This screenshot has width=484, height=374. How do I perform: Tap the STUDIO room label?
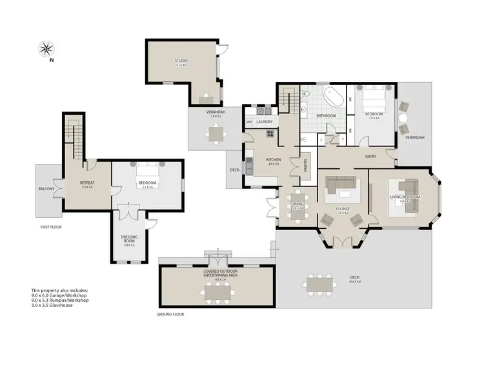coord(181,62)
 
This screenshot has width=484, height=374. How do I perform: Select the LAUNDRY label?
coord(265,121)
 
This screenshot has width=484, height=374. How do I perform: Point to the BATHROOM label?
coord(326,115)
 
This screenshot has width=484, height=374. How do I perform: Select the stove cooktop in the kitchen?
coord(270,134)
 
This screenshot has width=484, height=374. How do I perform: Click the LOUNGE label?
coord(343,209)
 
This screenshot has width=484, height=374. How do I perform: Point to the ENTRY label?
coord(370,156)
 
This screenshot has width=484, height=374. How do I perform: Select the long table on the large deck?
coord(321,282)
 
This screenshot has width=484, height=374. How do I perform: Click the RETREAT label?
coord(87,183)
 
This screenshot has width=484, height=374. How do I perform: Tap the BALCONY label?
coord(46,189)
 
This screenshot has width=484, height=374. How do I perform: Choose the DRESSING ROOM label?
coord(129,239)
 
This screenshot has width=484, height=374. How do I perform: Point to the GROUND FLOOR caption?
coord(170,315)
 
